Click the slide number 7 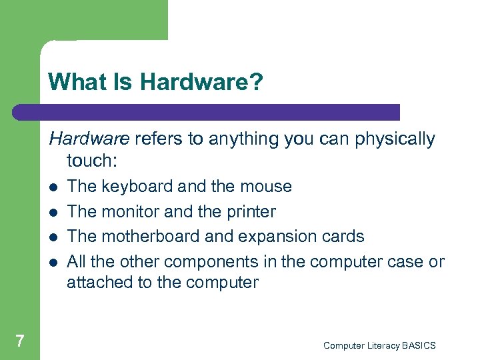click(20, 341)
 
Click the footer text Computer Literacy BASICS click(379, 345)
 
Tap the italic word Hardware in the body click(89, 139)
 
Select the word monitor click(130, 211)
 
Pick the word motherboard click(141, 237)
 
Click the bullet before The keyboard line click(53, 187)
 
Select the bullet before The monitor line click(53, 213)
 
